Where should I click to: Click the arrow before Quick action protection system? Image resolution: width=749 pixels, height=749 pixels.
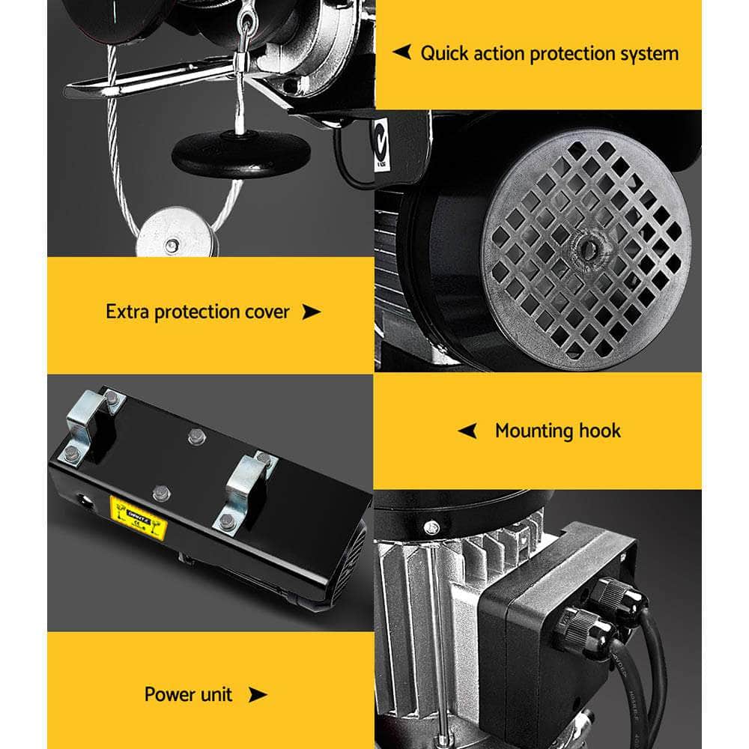(x=402, y=52)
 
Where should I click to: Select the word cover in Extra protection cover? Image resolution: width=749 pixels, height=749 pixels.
(x=265, y=312)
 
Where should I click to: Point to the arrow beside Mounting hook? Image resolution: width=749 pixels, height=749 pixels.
(x=467, y=431)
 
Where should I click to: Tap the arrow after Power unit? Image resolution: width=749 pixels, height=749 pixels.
(x=257, y=694)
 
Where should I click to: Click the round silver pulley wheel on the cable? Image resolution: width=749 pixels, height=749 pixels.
(x=173, y=242)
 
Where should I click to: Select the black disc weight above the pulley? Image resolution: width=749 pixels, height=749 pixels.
(x=241, y=153)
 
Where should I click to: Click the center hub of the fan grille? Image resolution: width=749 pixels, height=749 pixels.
(x=586, y=244)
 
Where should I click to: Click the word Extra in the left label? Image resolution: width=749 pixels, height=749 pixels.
(x=127, y=312)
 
